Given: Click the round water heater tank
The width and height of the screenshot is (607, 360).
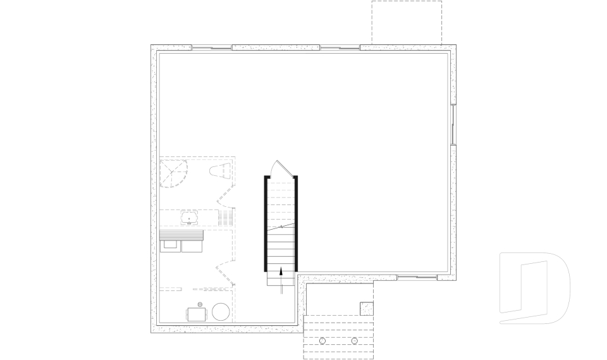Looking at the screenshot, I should pos(221,312).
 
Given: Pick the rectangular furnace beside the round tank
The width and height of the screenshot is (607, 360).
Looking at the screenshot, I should pos(196,314).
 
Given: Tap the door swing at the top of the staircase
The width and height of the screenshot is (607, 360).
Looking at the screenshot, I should pos(280,169).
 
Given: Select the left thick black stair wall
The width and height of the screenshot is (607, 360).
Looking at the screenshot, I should pos(266,223).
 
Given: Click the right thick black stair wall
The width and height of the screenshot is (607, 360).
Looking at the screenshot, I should pos(296,223).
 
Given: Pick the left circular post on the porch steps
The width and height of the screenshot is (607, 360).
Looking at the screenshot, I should pos(322,341).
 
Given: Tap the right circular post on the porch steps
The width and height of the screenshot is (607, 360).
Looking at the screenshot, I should pos(354,341).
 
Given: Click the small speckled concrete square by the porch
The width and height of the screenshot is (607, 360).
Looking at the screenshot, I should pos(367,308).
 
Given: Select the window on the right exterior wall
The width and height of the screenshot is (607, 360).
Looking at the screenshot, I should pos(453,123).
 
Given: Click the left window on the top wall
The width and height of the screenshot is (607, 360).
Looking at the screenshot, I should pos(212,47).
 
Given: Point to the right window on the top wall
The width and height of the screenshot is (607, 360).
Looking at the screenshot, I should pos(340,47).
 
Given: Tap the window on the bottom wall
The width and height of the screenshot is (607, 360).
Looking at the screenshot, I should pos(417,276).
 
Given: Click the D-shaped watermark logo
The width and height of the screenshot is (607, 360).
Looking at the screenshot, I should pos(534,288).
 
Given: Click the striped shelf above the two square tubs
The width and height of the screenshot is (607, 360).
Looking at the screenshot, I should pos(181,235).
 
